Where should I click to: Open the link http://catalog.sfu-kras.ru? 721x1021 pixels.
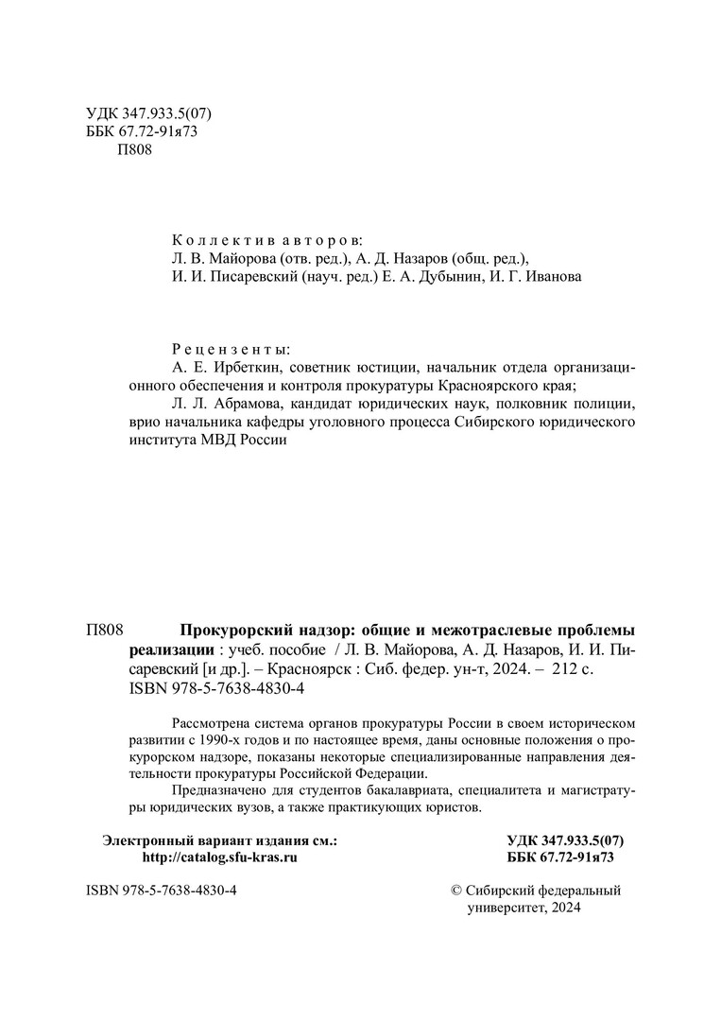click(x=219, y=858)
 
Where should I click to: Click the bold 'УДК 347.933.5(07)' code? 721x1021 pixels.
click(x=566, y=840)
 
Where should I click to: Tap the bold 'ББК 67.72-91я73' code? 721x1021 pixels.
click(x=560, y=858)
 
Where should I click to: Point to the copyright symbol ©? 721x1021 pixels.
click(x=459, y=891)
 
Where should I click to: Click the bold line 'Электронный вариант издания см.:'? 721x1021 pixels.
click(x=219, y=840)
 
